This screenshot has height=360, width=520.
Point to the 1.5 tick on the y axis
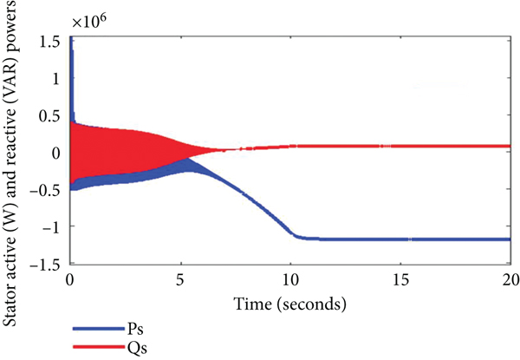(53, 41)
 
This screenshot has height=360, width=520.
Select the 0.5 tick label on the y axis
(53, 115)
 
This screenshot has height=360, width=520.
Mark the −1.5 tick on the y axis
(49, 263)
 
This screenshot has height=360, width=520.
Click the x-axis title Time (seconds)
(289, 304)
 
